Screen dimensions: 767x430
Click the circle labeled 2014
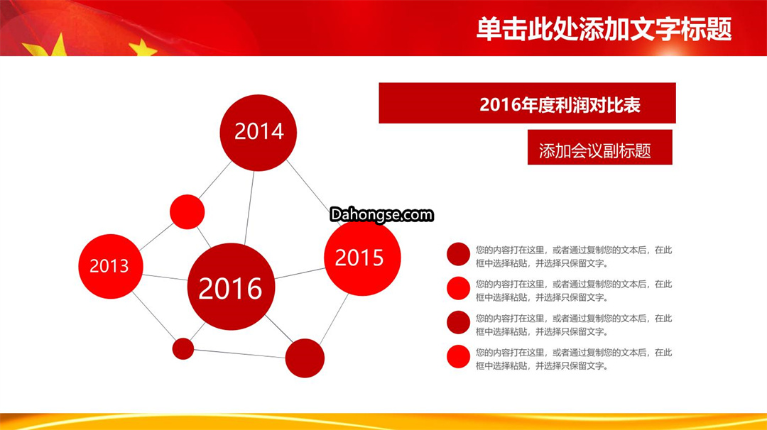pos(258,133)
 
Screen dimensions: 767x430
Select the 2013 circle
pos(111,266)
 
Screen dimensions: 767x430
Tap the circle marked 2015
pos(362,258)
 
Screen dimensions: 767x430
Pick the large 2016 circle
pos(231,287)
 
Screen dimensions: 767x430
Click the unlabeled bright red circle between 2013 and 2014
pos(187,211)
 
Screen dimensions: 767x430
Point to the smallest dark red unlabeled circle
pos(183,349)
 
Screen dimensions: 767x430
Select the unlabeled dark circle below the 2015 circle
pos(304,358)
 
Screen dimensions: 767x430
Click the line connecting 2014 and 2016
pos(249,207)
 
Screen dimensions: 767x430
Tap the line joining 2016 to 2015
pos(300,273)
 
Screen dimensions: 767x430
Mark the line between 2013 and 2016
pos(165,277)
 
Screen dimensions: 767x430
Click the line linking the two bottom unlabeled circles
pos(240,354)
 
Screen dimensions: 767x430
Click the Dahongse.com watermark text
pos(381,214)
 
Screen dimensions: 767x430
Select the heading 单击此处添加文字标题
pos(604,29)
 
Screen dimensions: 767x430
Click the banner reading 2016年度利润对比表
pos(527,103)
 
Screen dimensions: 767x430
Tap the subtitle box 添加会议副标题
pos(599,147)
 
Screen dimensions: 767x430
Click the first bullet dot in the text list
pos(458,254)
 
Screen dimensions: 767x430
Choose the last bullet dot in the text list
pos(458,357)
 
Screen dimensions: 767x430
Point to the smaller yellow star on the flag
pos(142,48)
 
